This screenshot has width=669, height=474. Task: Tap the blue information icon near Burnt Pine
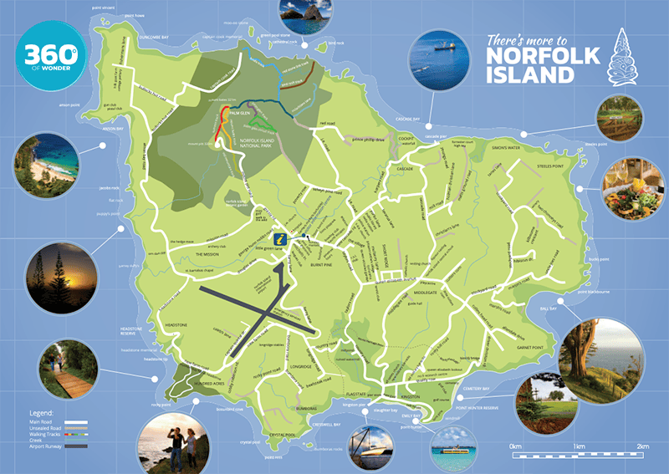point(284,239)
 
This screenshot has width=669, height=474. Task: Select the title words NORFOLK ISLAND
point(529,64)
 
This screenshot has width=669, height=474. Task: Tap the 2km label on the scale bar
point(642,447)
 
